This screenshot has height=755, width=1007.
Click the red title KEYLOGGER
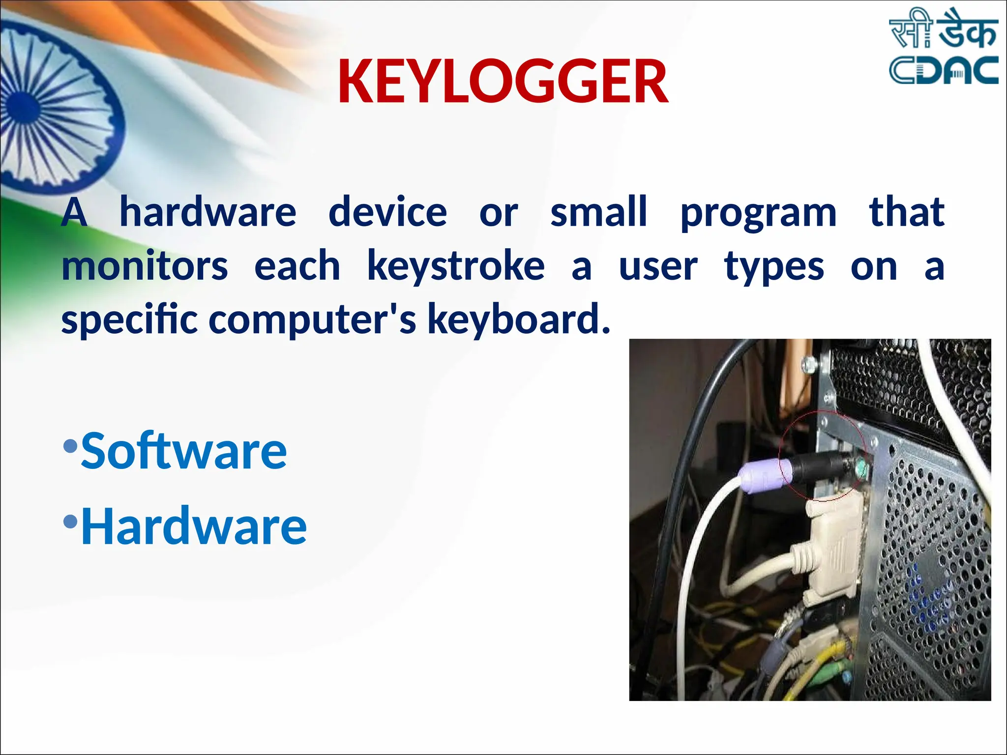pyautogui.click(x=503, y=82)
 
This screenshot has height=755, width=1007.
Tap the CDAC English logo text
pyautogui.click(x=943, y=70)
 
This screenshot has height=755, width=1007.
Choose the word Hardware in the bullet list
pyautogui.click(x=194, y=526)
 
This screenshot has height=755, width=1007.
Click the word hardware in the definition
pyautogui.click(x=208, y=212)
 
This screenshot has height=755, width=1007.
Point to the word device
pyautogui.click(x=387, y=212)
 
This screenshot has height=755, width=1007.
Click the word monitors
pyautogui.click(x=145, y=266)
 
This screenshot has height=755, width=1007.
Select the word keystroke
pyautogui.click(x=456, y=267)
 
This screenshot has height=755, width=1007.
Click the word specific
pyautogui.click(x=129, y=320)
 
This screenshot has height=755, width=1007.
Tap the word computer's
pyautogui.click(x=313, y=320)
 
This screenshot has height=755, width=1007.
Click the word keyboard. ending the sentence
pyautogui.click(x=519, y=320)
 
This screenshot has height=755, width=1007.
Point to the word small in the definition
pyautogui.click(x=598, y=212)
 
